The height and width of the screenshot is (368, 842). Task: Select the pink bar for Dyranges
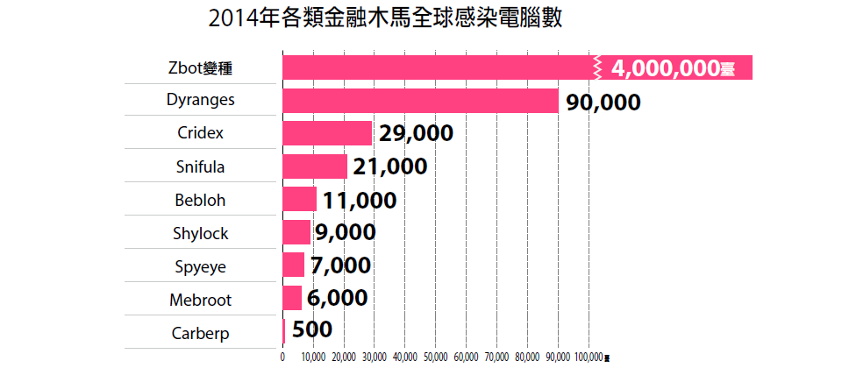(x=420, y=101)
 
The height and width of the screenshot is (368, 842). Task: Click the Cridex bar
(x=327, y=133)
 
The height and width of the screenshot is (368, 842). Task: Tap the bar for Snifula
(x=315, y=166)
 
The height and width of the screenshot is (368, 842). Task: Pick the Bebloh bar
(x=299, y=199)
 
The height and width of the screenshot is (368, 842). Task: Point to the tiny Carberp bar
(x=284, y=331)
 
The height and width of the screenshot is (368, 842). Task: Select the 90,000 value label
(x=603, y=102)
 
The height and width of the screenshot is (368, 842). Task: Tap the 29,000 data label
(x=416, y=134)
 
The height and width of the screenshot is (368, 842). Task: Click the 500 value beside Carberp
(x=310, y=332)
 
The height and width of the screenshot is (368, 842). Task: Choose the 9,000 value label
(x=345, y=233)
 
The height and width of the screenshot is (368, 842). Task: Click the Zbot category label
(x=203, y=67)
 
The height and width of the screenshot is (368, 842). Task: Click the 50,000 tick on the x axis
(x=435, y=357)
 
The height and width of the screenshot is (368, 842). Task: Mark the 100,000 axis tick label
(x=588, y=357)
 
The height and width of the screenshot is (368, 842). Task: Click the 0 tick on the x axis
(x=282, y=357)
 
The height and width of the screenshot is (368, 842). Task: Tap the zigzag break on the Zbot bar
(x=598, y=67)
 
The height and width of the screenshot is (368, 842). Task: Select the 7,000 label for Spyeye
(x=340, y=265)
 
